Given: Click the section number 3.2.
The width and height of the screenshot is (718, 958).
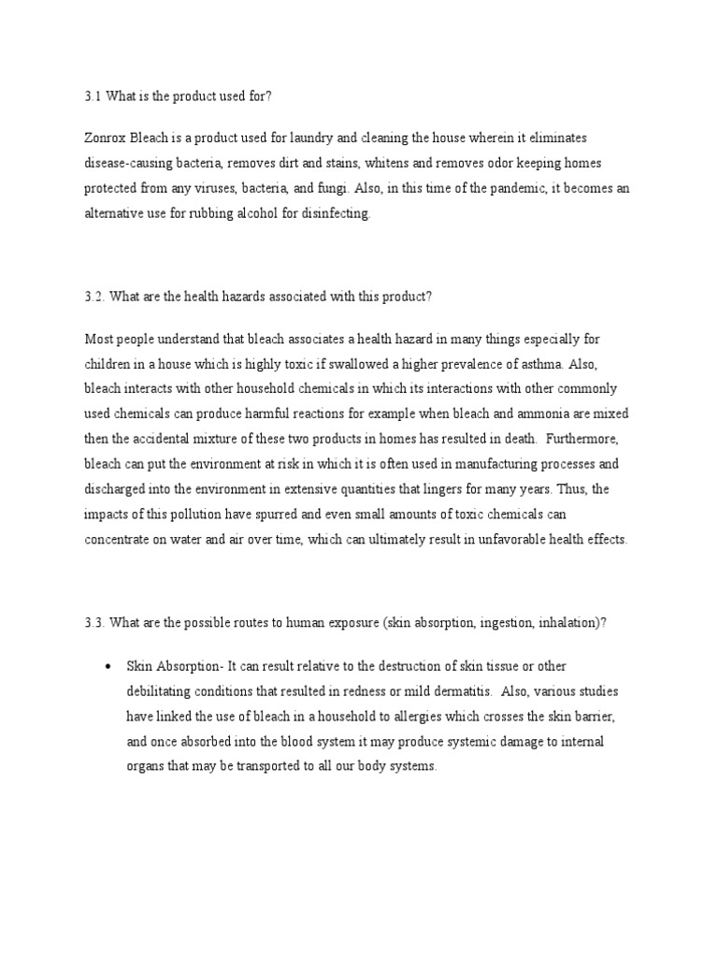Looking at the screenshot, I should pyautogui.click(x=94, y=297).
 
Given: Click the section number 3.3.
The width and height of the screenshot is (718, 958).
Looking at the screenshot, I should pyautogui.click(x=94, y=624).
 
